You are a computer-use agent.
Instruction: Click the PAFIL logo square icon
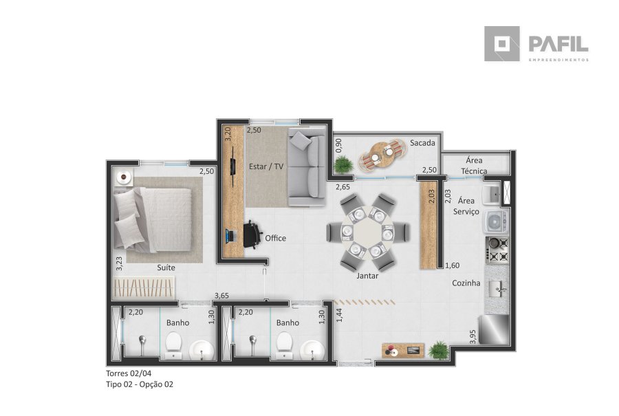tap(502, 44)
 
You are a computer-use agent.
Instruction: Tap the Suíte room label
tap(166, 267)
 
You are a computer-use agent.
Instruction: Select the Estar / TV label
tap(266, 166)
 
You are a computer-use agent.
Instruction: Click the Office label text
tap(276, 238)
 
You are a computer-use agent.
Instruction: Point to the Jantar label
tap(367, 276)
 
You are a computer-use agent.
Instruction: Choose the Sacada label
tap(422, 143)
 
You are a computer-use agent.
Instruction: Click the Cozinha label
tap(466, 283)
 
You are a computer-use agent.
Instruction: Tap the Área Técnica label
tap(474, 166)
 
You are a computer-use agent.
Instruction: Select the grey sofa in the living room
tap(307, 167)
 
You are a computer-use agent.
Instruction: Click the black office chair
tap(252, 234)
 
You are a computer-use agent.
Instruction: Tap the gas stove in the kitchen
tap(497, 250)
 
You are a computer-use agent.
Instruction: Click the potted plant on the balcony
tap(344, 164)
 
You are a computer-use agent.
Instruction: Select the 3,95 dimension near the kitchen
tap(473, 336)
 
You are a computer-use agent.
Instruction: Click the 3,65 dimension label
tap(221, 296)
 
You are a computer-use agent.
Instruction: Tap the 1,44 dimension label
tap(339, 315)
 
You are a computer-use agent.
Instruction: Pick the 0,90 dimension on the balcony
tap(338, 145)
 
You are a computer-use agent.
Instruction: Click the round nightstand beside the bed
tap(124, 177)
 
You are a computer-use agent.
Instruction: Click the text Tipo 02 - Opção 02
tap(140, 384)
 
